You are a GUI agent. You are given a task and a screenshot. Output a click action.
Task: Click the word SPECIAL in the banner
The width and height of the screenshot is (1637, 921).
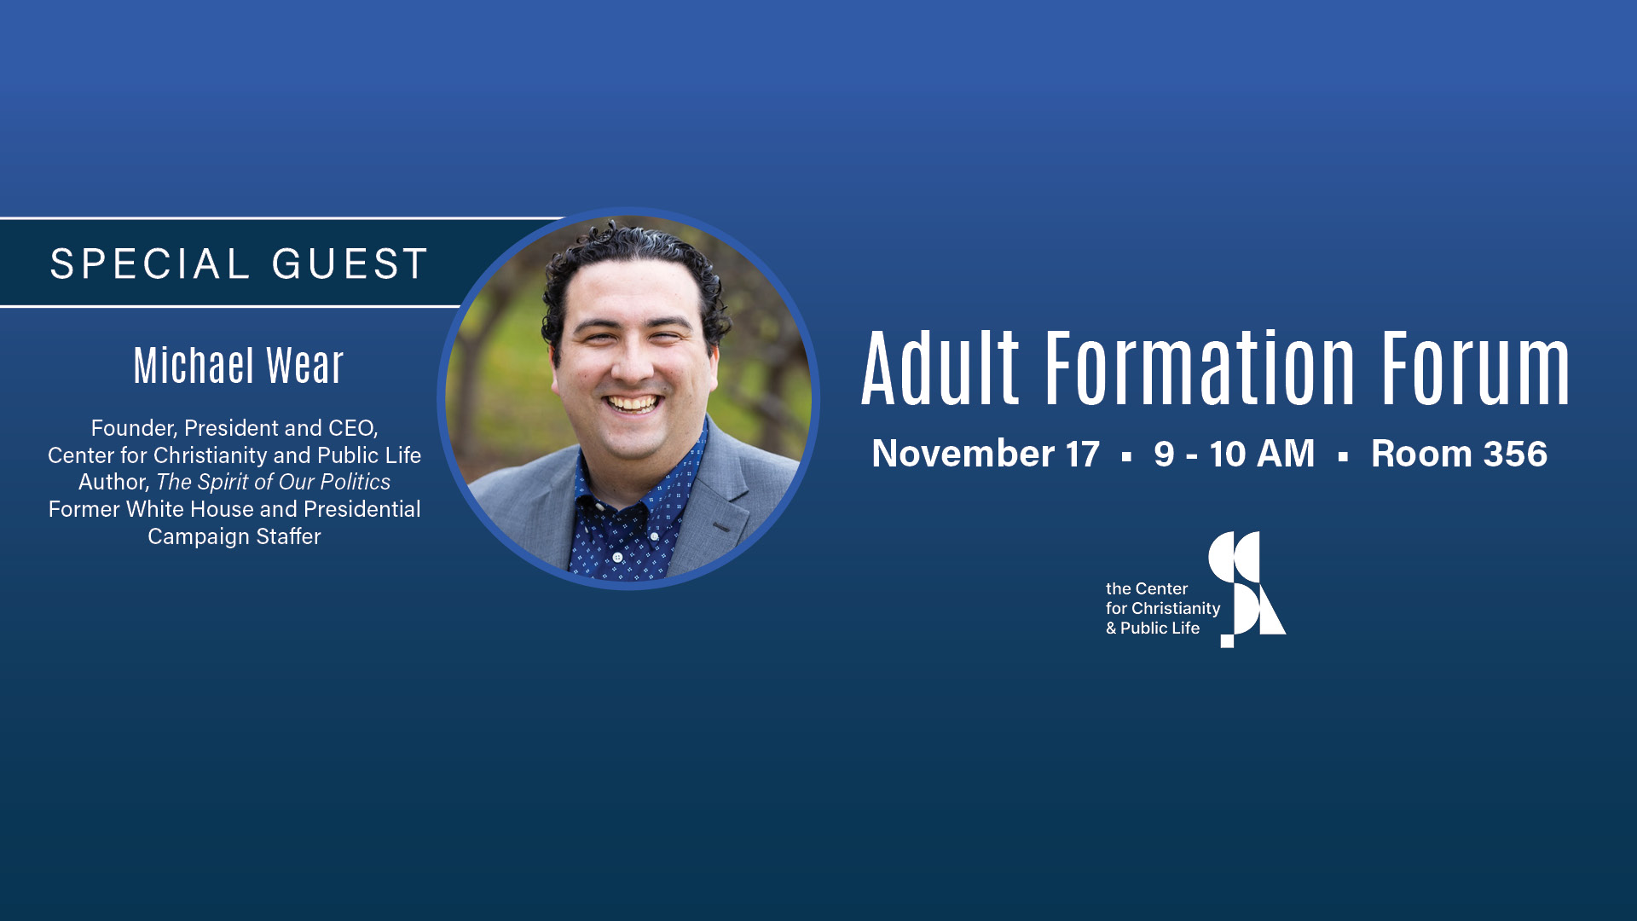[150, 264]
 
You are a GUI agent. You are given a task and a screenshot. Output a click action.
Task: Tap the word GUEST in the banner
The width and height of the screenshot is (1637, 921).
[350, 264]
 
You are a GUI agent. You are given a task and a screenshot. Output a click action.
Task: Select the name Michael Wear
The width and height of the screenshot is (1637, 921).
[239, 366]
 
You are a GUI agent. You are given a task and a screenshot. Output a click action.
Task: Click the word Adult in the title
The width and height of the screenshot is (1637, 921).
[940, 368]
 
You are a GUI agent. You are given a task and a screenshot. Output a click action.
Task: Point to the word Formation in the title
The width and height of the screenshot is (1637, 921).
[1200, 368]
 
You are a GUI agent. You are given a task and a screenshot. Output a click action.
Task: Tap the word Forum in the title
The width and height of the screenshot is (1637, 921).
[1476, 368]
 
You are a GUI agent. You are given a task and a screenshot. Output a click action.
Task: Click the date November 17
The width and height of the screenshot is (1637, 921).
[986, 454]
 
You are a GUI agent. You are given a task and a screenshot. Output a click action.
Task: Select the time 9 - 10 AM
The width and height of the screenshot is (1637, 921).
[1234, 454]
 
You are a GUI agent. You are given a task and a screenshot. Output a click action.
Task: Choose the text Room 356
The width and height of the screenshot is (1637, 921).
[1459, 454]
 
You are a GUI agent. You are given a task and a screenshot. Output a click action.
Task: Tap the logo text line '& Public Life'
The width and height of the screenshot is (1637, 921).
[1153, 628]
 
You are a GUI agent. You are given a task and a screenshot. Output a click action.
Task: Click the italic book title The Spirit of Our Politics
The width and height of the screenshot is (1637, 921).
[273, 483]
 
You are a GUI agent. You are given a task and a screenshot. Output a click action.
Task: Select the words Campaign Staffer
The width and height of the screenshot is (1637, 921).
[234, 537]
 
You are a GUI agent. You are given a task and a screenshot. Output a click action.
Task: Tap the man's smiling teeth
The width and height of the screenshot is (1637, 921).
[633, 403]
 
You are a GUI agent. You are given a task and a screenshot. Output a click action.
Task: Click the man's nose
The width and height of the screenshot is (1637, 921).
[631, 365]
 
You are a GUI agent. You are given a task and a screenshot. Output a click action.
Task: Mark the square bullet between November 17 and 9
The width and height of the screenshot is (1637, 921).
[1127, 457]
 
